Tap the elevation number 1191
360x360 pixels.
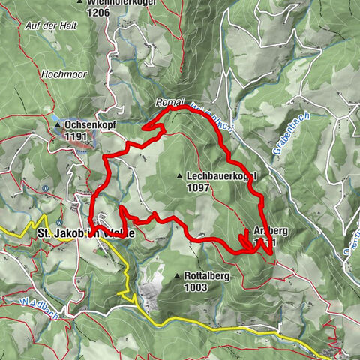[x=76, y=136]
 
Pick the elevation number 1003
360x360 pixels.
[x=198, y=287]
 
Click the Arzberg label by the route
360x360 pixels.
[x=271, y=229]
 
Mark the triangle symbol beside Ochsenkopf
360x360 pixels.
[x=59, y=126]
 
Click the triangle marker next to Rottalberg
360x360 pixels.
[x=178, y=276]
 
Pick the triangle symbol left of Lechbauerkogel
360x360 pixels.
[x=179, y=176]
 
